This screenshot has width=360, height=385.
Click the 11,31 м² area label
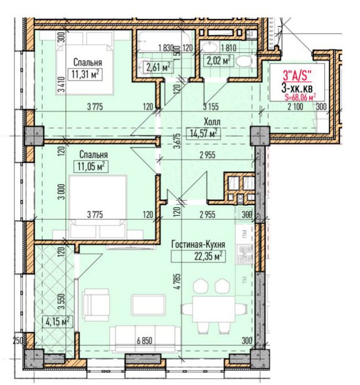(x=85, y=74)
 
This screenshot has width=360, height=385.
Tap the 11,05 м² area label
(x=91, y=166)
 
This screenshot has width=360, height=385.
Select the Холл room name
(x=212, y=121)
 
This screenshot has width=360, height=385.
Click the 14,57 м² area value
(x=203, y=133)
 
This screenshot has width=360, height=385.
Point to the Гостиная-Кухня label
(x=198, y=244)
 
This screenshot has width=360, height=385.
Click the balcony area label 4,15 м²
(x=57, y=321)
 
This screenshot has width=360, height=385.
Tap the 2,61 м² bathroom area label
(x=158, y=67)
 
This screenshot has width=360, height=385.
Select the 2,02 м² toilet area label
(x=219, y=60)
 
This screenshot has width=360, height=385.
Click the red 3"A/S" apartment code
(x=297, y=75)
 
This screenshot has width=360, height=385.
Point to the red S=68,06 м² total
(x=300, y=97)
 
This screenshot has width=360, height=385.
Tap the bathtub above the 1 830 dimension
(x=164, y=41)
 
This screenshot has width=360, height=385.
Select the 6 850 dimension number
(x=145, y=341)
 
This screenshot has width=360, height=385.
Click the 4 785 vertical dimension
(x=178, y=282)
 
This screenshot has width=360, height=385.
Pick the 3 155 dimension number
(x=211, y=107)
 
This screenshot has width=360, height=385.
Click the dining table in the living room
(x=214, y=309)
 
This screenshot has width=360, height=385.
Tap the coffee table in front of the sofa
(x=148, y=305)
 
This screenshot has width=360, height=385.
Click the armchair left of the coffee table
(x=96, y=304)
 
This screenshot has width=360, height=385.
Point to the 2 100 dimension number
(x=295, y=107)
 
